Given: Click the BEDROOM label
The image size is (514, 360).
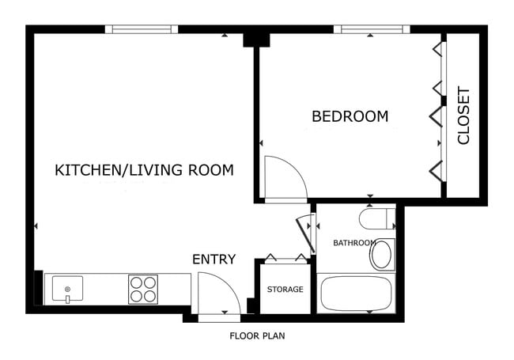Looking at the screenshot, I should [350, 116].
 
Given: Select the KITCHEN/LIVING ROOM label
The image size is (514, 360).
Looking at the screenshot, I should [144, 169].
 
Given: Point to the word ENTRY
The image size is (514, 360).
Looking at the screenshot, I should [214, 260].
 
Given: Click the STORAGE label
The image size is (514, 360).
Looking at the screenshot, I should [285, 290].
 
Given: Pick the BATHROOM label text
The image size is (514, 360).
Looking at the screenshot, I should [353, 243].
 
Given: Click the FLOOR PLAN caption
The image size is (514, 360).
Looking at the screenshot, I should [257, 335].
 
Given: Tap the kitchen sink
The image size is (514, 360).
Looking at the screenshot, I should [68, 289].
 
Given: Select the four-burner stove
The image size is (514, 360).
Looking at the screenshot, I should [143, 289].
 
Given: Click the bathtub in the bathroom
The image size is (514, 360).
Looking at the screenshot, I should [356, 294].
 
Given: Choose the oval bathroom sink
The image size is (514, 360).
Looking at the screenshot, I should [382, 254].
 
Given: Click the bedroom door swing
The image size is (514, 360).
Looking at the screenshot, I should [283, 178].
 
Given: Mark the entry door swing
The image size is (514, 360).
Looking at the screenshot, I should [217, 294].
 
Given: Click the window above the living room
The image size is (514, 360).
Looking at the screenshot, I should [142, 29].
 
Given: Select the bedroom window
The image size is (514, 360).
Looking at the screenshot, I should [371, 29].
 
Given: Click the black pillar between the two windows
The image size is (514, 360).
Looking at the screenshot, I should [255, 37].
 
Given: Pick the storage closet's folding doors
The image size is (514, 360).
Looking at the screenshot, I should [285, 256].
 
